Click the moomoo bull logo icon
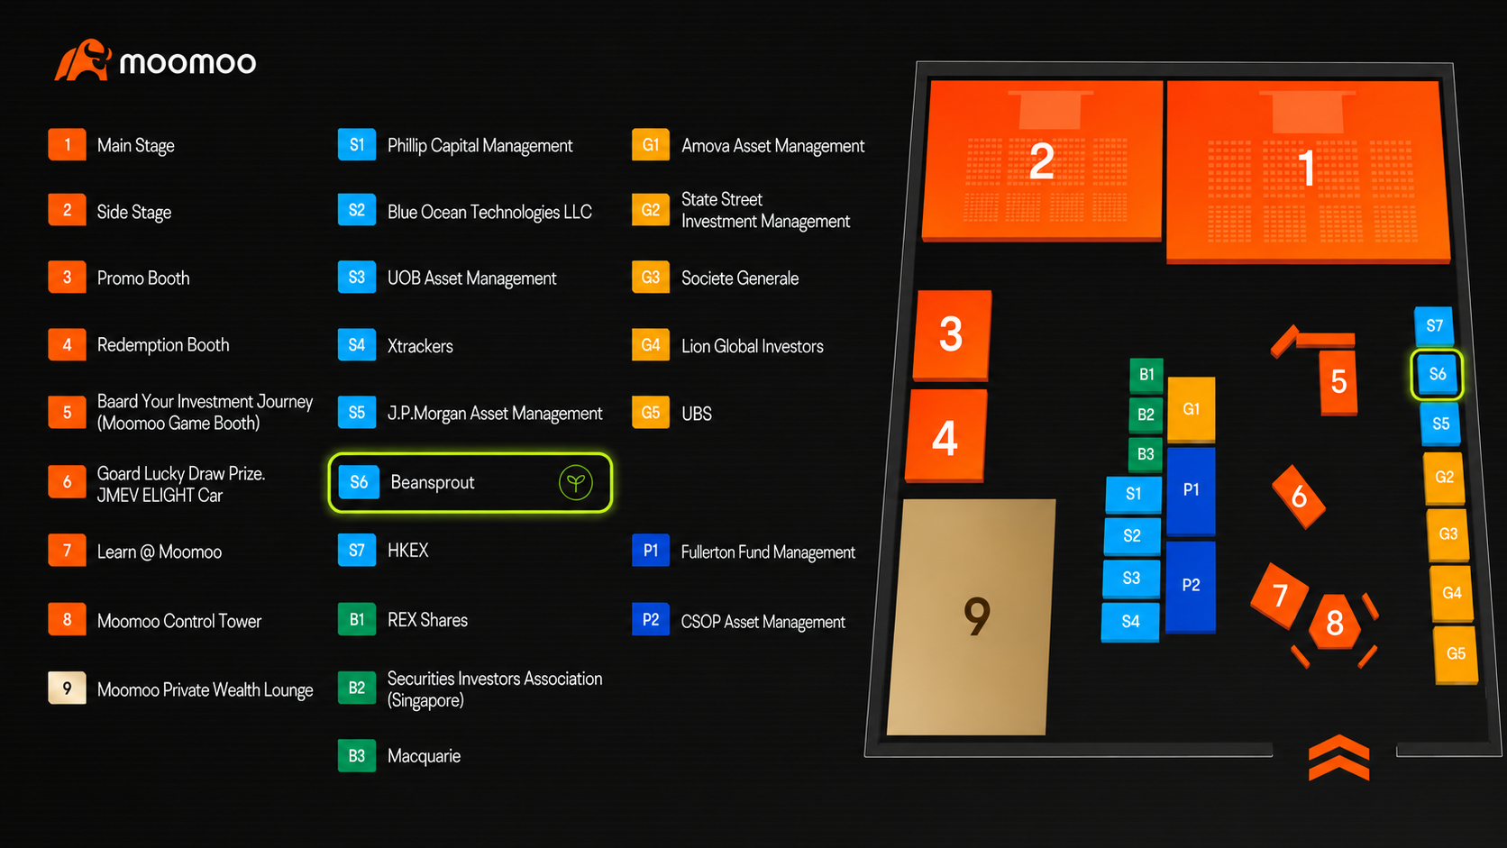(x=83, y=60)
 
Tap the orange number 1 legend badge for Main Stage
(x=67, y=144)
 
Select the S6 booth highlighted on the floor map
(x=1437, y=375)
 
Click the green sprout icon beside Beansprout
(x=575, y=482)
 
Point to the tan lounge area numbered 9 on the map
(x=972, y=617)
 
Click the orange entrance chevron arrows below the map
(x=1338, y=758)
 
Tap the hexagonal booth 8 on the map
(x=1335, y=623)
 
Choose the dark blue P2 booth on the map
(x=1190, y=587)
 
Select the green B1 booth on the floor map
(x=1146, y=375)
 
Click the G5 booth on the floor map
(x=1456, y=655)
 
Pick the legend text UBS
(x=697, y=414)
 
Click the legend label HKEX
(x=407, y=551)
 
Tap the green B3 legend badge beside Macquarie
(x=357, y=756)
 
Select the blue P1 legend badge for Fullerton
(x=651, y=551)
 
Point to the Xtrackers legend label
(x=420, y=346)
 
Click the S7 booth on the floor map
(x=1434, y=327)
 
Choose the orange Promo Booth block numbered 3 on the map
(x=952, y=335)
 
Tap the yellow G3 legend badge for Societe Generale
(x=651, y=277)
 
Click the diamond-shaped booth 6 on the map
(x=1299, y=497)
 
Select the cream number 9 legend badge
(x=67, y=688)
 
